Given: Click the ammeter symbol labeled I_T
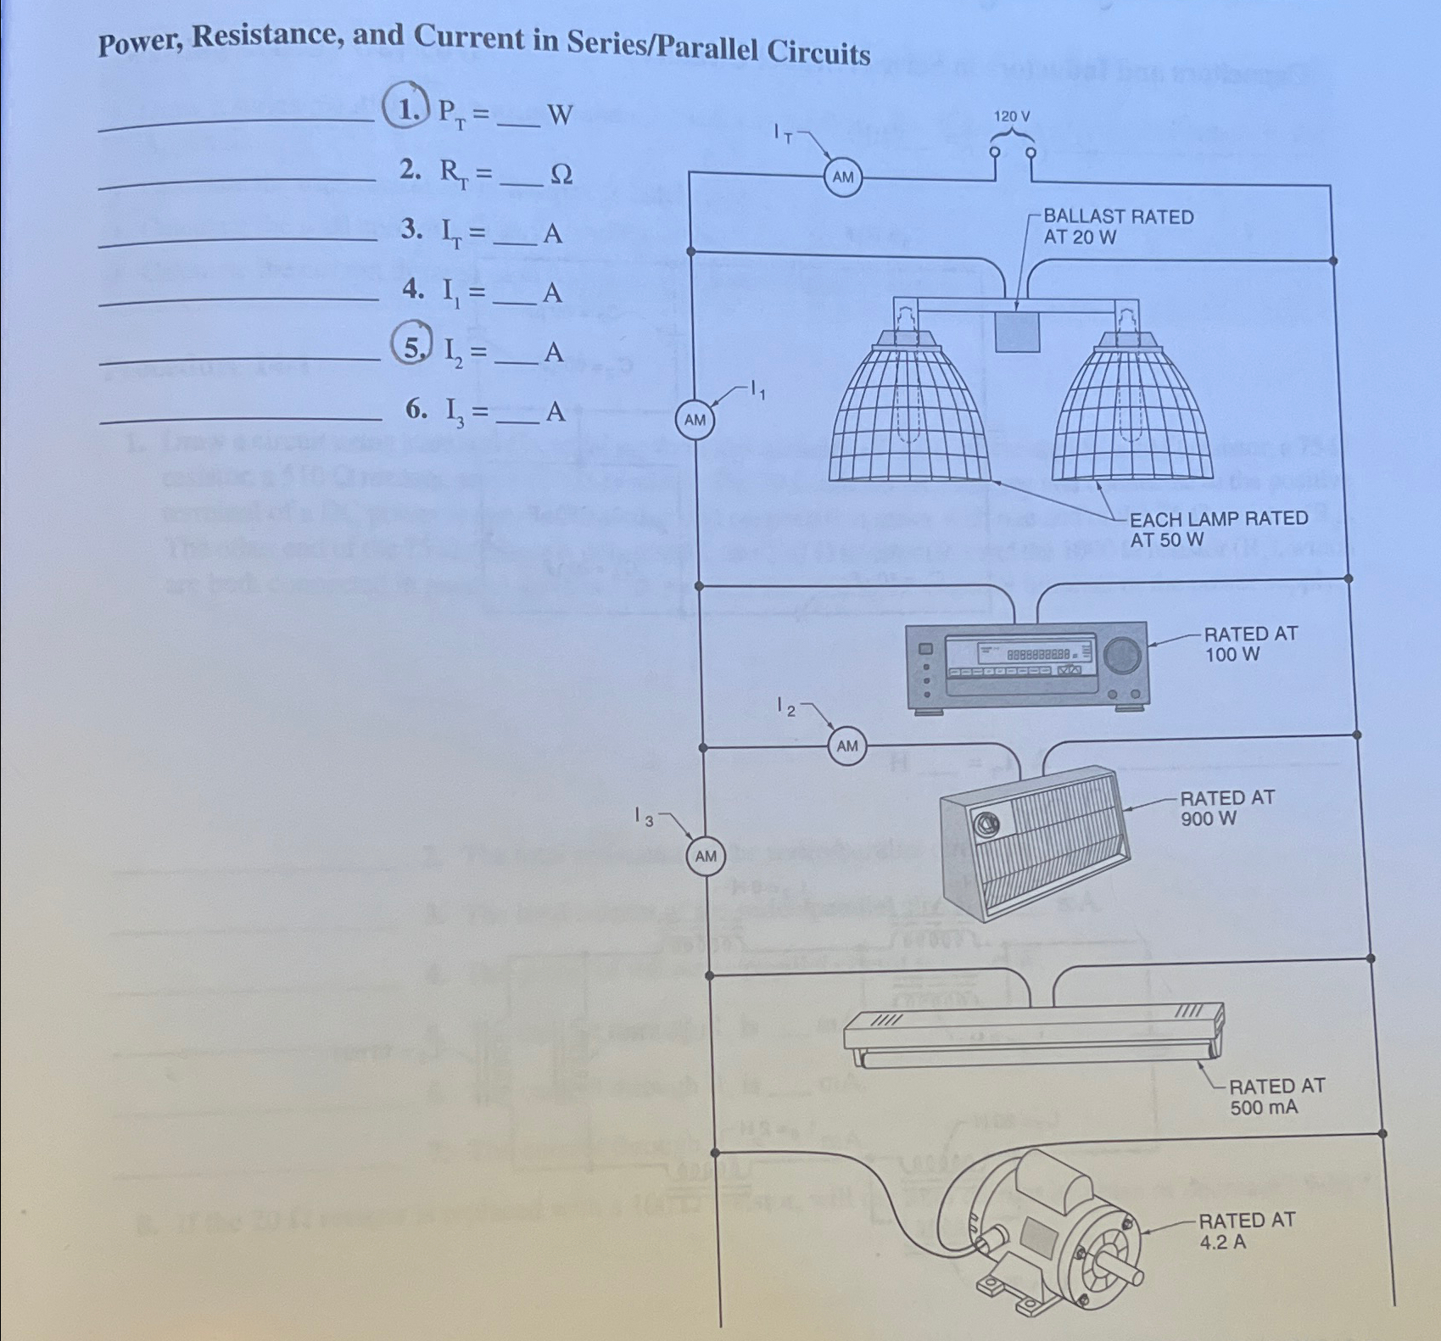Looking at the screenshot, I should click(x=842, y=178).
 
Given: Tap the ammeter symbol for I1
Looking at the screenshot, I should click(x=695, y=420).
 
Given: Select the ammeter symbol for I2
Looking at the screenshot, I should click(x=847, y=746).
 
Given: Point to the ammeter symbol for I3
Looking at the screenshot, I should click(x=706, y=857).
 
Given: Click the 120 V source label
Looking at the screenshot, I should click(x=1013, y=116).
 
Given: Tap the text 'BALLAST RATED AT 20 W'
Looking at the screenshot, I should click(x=1118, y=226).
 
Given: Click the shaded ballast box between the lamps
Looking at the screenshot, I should click(x=1017, y=331).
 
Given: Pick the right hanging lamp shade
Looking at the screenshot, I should click(x=1131, y=416).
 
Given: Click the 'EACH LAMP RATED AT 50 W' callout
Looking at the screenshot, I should click(x=1218, y=528).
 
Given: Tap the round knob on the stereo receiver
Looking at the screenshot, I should click(x=1123, y=654).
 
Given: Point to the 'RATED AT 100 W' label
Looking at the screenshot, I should click(x=1250, y=644).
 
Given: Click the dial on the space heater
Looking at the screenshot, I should click(x=986, y=823).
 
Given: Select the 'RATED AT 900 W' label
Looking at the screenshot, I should click(x=1226, y=808).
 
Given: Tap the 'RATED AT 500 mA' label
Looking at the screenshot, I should click(x=1276, y=1097).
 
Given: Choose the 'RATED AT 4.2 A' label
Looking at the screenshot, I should click(x=1246, y=1231).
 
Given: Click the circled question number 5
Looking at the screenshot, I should click(x=411, y=349).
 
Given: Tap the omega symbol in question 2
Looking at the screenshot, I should click(x=561, y=174).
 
